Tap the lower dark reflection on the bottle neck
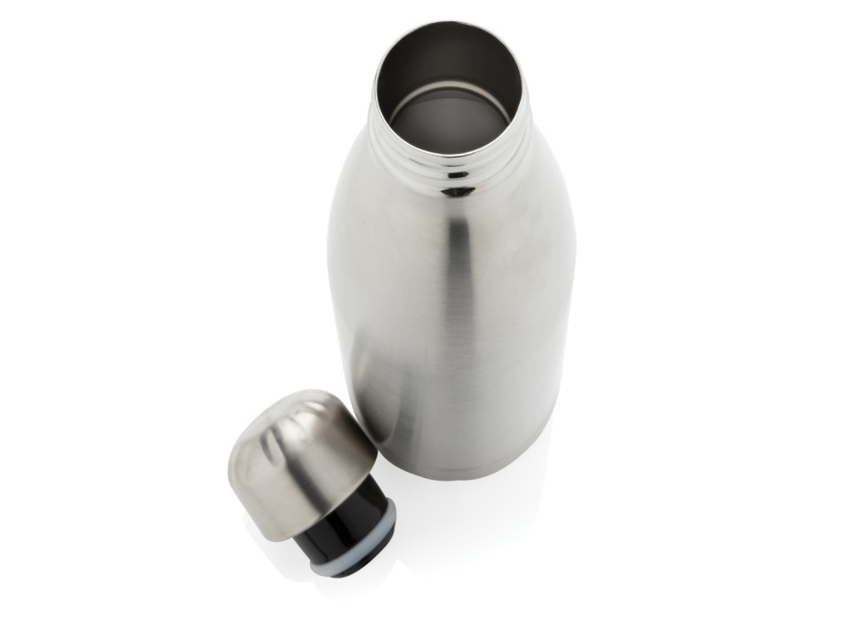[458, 191]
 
